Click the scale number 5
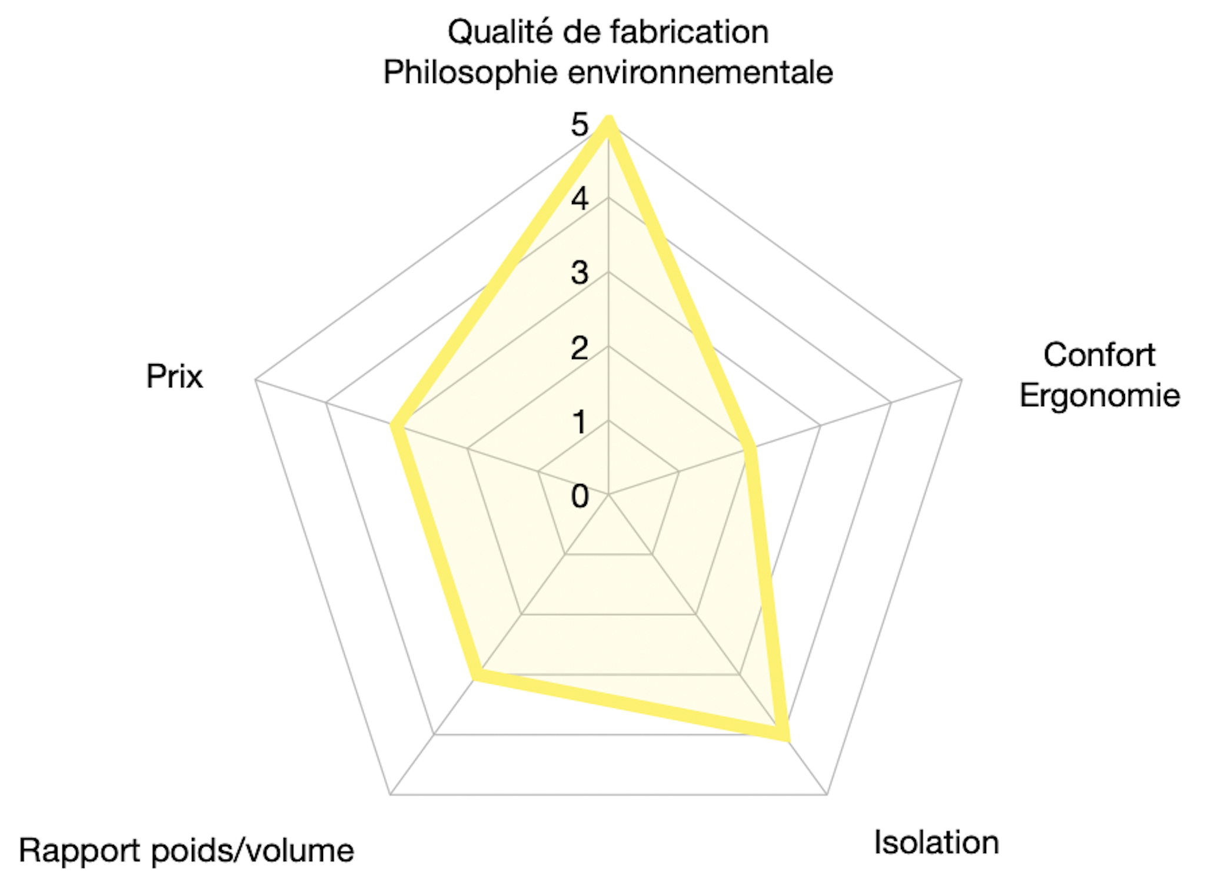coord(580,125)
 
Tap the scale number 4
coord(580,199)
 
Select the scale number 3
coord(580,273)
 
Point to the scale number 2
coord(580,347)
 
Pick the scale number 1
coord(580,422)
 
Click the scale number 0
coord(580,496)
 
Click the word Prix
coord(174,376)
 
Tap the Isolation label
coord(936,842)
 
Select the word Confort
coord(1099,355)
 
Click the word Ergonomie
coord(1100,396)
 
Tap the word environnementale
coord(701,72)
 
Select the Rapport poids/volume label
coord(187,851)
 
